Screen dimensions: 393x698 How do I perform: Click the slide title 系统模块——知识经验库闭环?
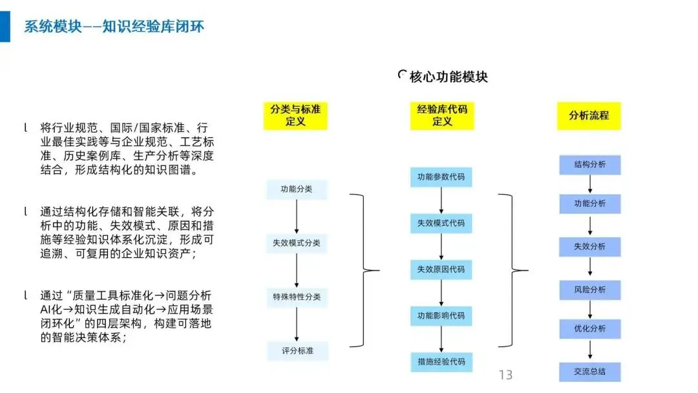(x=114, y=26)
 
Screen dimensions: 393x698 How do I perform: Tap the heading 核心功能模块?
(x=448, y=77)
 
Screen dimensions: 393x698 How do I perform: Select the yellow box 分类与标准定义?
(x=296, y=115)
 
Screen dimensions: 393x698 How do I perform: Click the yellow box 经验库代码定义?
(x=442, y=115)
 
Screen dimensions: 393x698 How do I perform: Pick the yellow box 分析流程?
(x=589, y=116)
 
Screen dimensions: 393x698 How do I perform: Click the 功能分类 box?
(x=297, y=189)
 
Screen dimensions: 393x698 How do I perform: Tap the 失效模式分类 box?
(x=297, y=244)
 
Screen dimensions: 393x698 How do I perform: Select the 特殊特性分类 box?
(x=297, y=297)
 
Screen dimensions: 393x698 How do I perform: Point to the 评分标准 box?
(x=297, y=351)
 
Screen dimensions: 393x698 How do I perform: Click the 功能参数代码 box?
(x=441, y=177)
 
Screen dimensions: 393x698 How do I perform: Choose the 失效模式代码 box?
(x=441, y=224)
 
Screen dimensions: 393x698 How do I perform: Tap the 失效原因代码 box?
(x=441, y=270)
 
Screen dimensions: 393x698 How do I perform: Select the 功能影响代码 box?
(x=441, y=315)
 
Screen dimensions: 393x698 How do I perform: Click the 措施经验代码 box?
(x=441, y=361)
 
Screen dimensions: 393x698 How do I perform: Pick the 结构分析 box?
(x=590, y=164)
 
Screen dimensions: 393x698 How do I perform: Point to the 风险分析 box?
(x=590, y=289)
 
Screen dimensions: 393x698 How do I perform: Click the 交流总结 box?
(x=590, y=372)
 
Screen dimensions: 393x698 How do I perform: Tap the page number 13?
(x=505, y=375)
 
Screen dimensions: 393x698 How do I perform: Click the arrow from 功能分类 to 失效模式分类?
(x=297, y=217)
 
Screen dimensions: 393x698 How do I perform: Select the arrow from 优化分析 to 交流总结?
(x=590, y=350)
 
